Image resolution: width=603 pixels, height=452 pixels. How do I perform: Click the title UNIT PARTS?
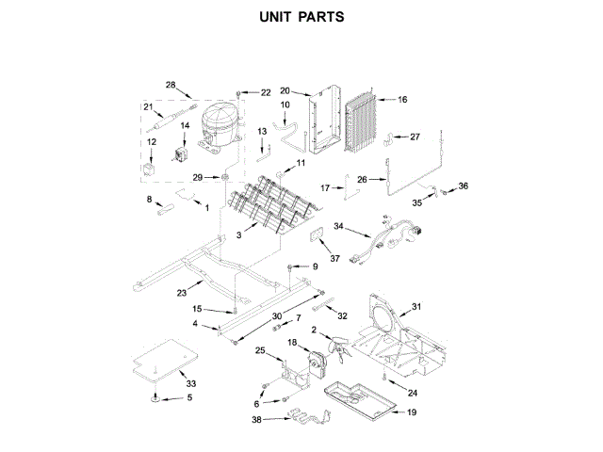point(301,17)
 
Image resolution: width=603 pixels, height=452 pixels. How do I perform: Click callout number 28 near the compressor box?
point(171,86)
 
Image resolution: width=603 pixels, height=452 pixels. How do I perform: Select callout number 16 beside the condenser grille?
point(402,99)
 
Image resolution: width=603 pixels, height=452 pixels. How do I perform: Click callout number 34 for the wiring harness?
point(340,226)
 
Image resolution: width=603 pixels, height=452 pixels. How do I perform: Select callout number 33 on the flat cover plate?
point(190,384)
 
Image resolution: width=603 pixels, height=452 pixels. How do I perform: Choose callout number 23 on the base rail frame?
point(181,293)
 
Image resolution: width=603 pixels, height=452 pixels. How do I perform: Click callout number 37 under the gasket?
point(334,258)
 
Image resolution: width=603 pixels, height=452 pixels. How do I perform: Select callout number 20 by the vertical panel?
point(285,91)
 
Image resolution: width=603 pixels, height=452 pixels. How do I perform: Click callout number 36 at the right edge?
point(463,186)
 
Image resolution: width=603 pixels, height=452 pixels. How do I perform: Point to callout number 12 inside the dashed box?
point(152,142)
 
